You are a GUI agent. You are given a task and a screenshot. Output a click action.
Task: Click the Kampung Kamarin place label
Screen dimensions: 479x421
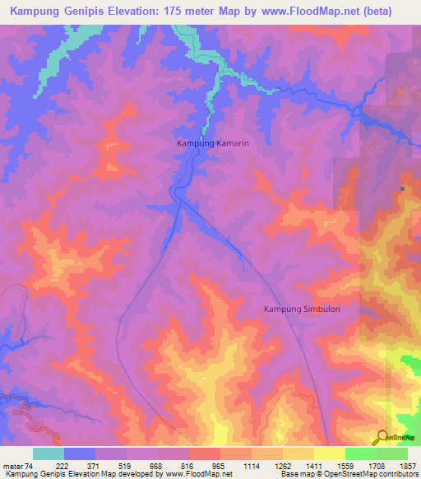click(x=212, y=143)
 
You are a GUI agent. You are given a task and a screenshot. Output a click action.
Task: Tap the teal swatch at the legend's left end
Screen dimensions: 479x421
click(x=49, y=453)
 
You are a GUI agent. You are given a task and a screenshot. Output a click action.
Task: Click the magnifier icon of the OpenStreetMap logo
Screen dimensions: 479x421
click(x=382, y=436)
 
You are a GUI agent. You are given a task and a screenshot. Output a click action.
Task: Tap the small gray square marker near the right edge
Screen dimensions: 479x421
click(x=403, y=189)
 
